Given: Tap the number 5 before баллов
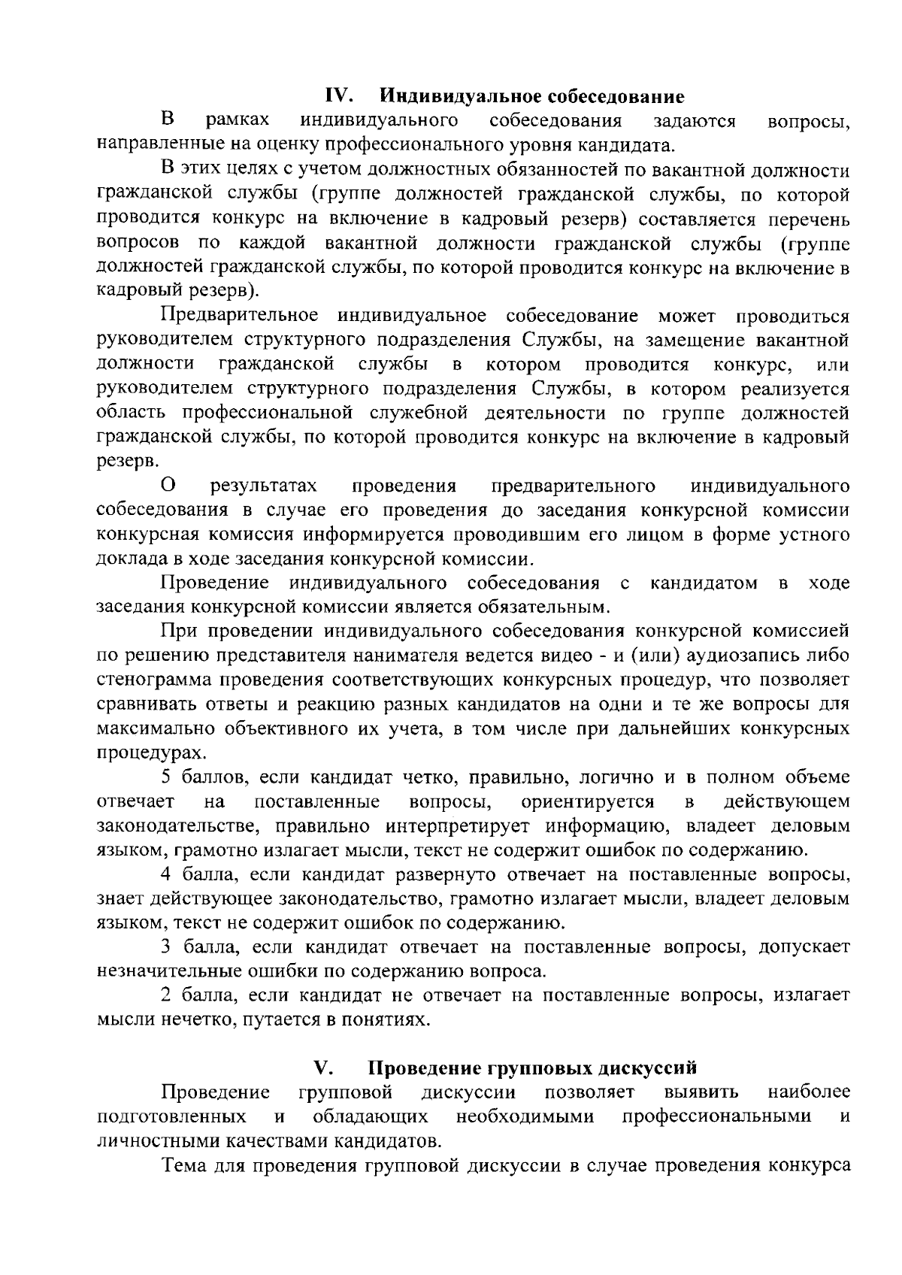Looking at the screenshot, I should [166, 777].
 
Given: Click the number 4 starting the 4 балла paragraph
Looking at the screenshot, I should [166, 875].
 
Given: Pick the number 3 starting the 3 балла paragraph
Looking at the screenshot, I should [166, 946].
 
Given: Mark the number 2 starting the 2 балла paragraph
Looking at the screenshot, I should [166, 995].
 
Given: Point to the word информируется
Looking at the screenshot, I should [367, 535].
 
